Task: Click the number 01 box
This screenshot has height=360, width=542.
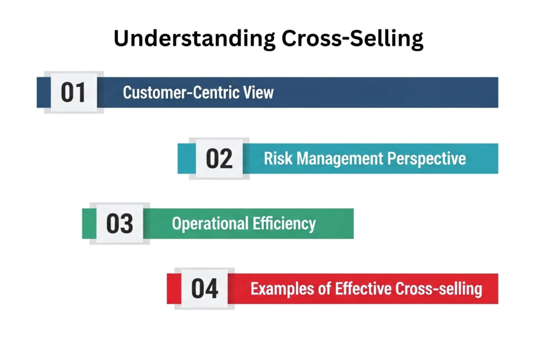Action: pos(74,92)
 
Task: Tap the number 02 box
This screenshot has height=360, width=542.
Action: pos(219,159)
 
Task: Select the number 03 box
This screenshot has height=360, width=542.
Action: pos(120,223)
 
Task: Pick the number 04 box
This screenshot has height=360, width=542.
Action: pos(205,289)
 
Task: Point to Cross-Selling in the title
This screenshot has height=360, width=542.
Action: pos(353,39)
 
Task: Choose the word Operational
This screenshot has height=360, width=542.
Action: pos(210,224)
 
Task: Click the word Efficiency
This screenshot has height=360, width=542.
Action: pos(284,224)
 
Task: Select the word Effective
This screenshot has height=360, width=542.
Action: pos(363,289)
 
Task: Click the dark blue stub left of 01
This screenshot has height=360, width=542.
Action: pos(43,92)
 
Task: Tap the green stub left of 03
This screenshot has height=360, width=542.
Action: pos(89,223)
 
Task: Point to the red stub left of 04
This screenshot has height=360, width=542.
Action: pos(174,289)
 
